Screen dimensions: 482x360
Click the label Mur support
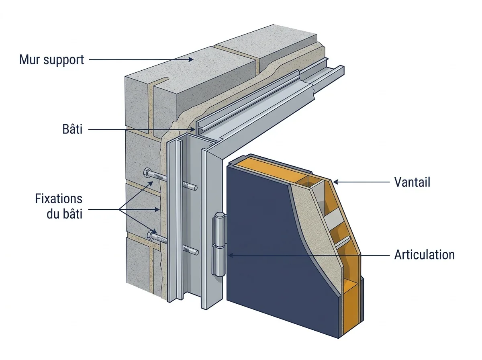(51, 60)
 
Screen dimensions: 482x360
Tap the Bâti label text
(72, 129)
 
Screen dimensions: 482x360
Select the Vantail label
(412, 182)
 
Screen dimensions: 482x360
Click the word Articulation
(424, 255)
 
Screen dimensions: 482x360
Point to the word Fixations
(59, 199)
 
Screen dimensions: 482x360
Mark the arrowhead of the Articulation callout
(231, 255)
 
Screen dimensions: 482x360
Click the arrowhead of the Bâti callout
(193, 129)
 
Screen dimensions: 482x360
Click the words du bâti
(65, 214)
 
